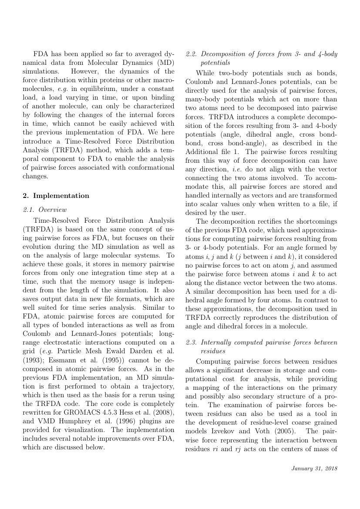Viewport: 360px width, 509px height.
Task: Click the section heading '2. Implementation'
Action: tap(55, 196)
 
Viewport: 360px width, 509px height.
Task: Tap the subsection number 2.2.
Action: tap(191, 54)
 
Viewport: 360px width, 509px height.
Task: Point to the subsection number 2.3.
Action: tap(191, 335)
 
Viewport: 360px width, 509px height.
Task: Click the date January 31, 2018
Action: tap(313, 469)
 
